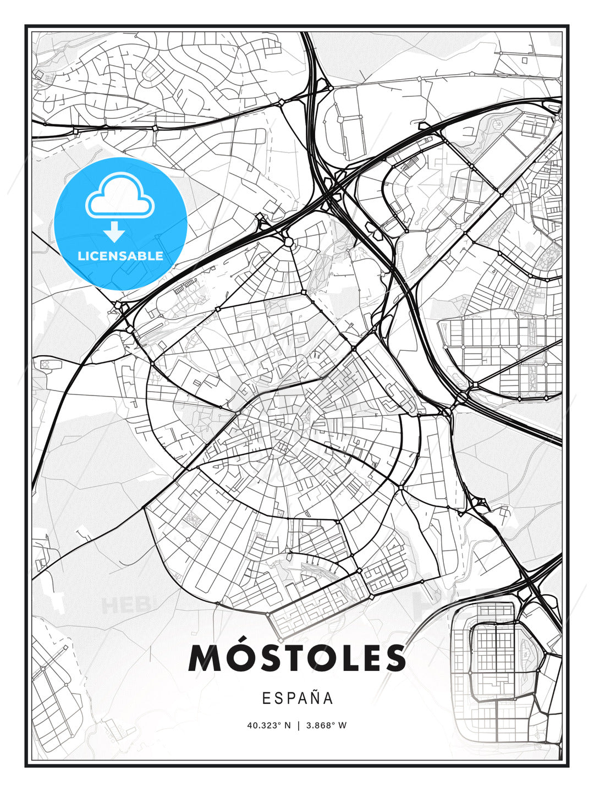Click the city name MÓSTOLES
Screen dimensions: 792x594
(x=297, y=658)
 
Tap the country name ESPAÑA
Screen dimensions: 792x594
(x=297, y=698)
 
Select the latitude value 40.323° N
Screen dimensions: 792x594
(x=268, y=725)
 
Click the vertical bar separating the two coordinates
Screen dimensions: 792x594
(x=298, y=725)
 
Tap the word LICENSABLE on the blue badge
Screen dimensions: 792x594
(x=120, y=256)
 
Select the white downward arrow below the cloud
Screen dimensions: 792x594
(x=114, y=232)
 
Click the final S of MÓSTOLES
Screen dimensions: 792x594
(x=394, y=658)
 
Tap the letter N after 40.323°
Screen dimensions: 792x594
(x=287, y=725)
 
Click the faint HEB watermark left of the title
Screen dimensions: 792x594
(x=118, y=605)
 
